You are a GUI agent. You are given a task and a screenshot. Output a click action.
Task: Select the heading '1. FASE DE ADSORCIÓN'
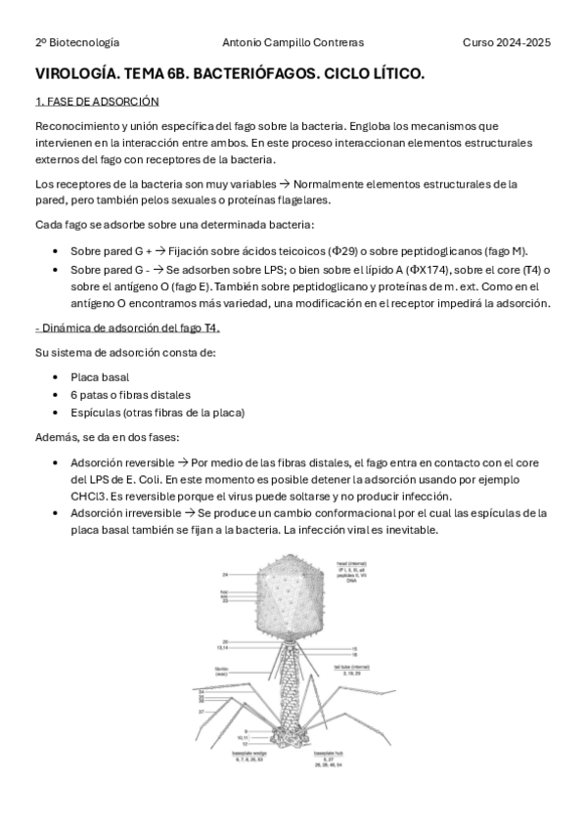(97, 102)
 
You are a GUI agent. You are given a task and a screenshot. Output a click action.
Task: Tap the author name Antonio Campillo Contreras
(292, 43)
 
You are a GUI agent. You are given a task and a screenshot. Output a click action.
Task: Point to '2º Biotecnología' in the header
(77, 43)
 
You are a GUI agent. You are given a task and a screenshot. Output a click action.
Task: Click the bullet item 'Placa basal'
(100, 376)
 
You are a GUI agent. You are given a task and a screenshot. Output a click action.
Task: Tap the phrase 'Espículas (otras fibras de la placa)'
(158, 412)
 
